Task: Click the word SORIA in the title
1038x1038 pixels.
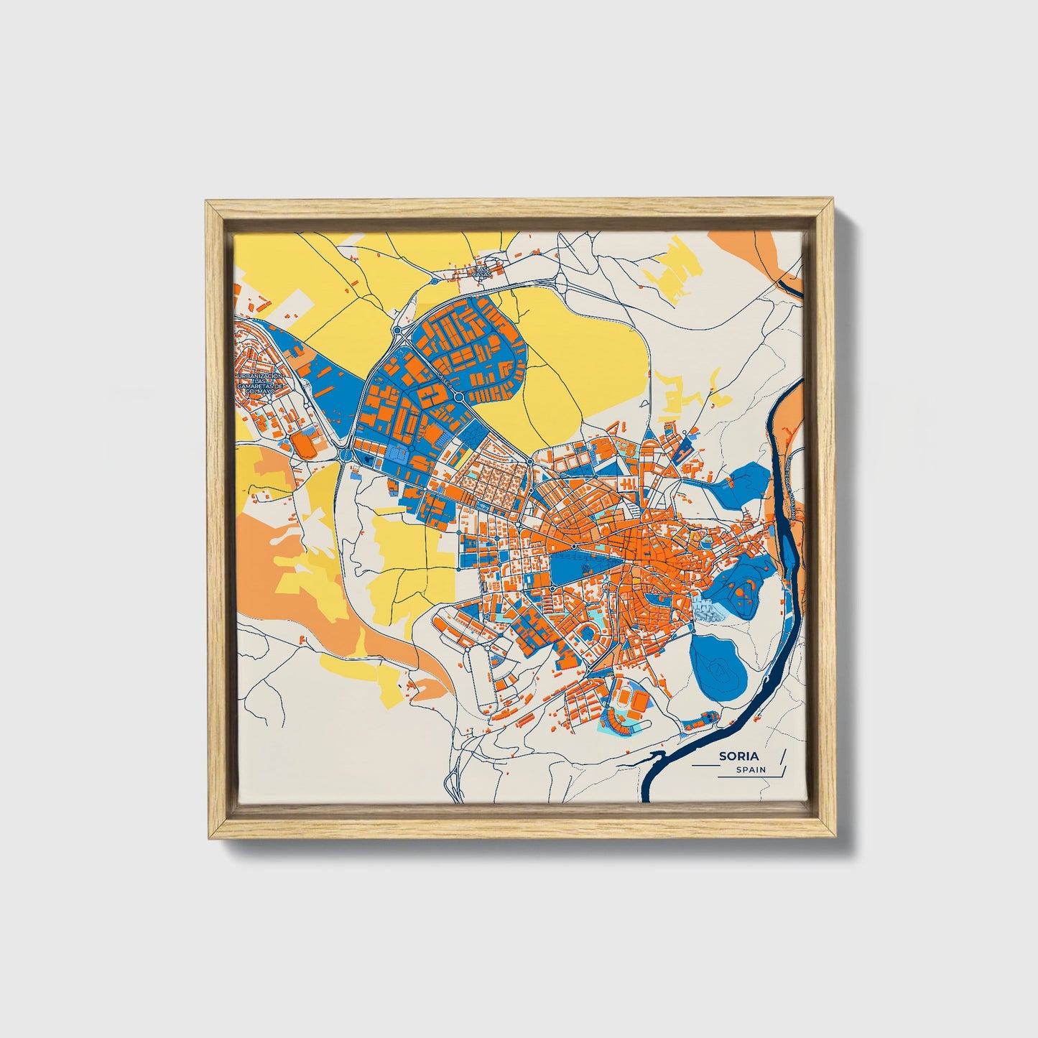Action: [738, 756]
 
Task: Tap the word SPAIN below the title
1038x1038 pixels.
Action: [751, 769]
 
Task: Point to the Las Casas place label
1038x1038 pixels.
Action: [480, 272]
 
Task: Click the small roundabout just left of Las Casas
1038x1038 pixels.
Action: [396, 330]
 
